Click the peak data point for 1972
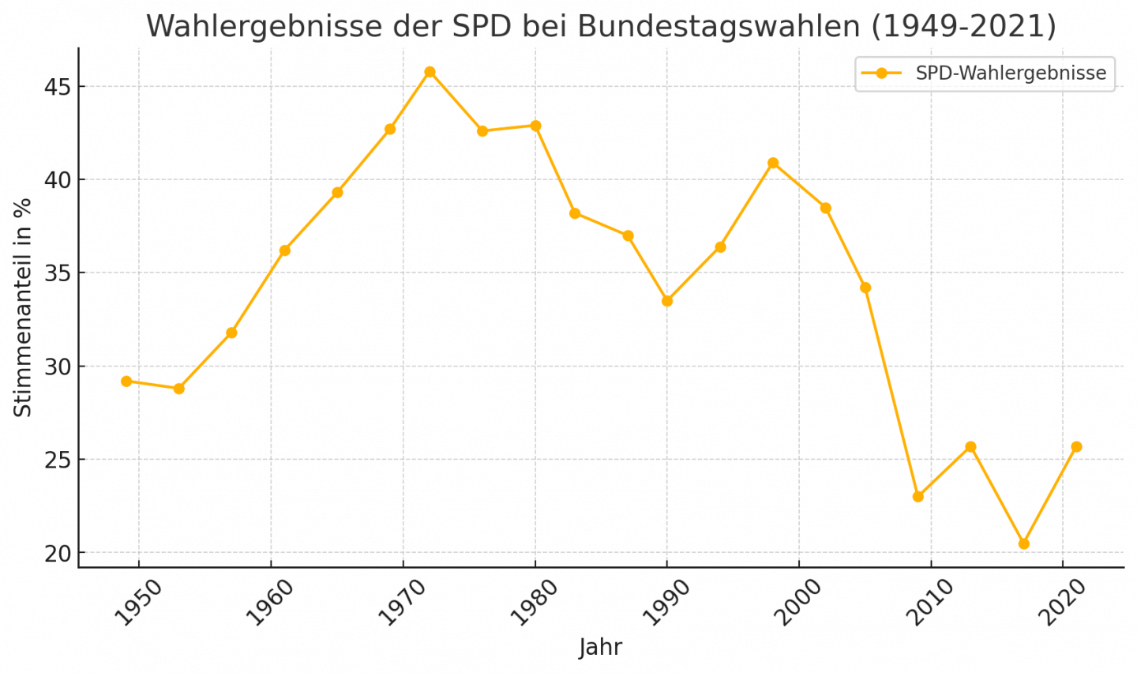click(430, 72)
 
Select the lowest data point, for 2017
click(1024, 543)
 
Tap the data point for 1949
click(126, 382)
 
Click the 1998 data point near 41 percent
click(773, 163)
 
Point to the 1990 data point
click(667, 301)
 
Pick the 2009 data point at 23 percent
click(918, 497)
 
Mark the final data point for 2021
click(1076, 447)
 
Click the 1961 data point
click(285, 250)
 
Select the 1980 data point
click(535, 126)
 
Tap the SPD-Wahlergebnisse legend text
click(1011, 73)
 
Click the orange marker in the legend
click(882, 73)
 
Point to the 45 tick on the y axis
click(57, 87)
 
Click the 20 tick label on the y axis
click(57, 554)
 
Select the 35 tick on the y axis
click(57, 273)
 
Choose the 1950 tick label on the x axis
click(138, 602)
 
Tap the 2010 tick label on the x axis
click(930, 602)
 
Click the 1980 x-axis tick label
click(535, 602)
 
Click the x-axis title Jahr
click(600, 647)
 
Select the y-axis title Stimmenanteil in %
click(23, 308)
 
